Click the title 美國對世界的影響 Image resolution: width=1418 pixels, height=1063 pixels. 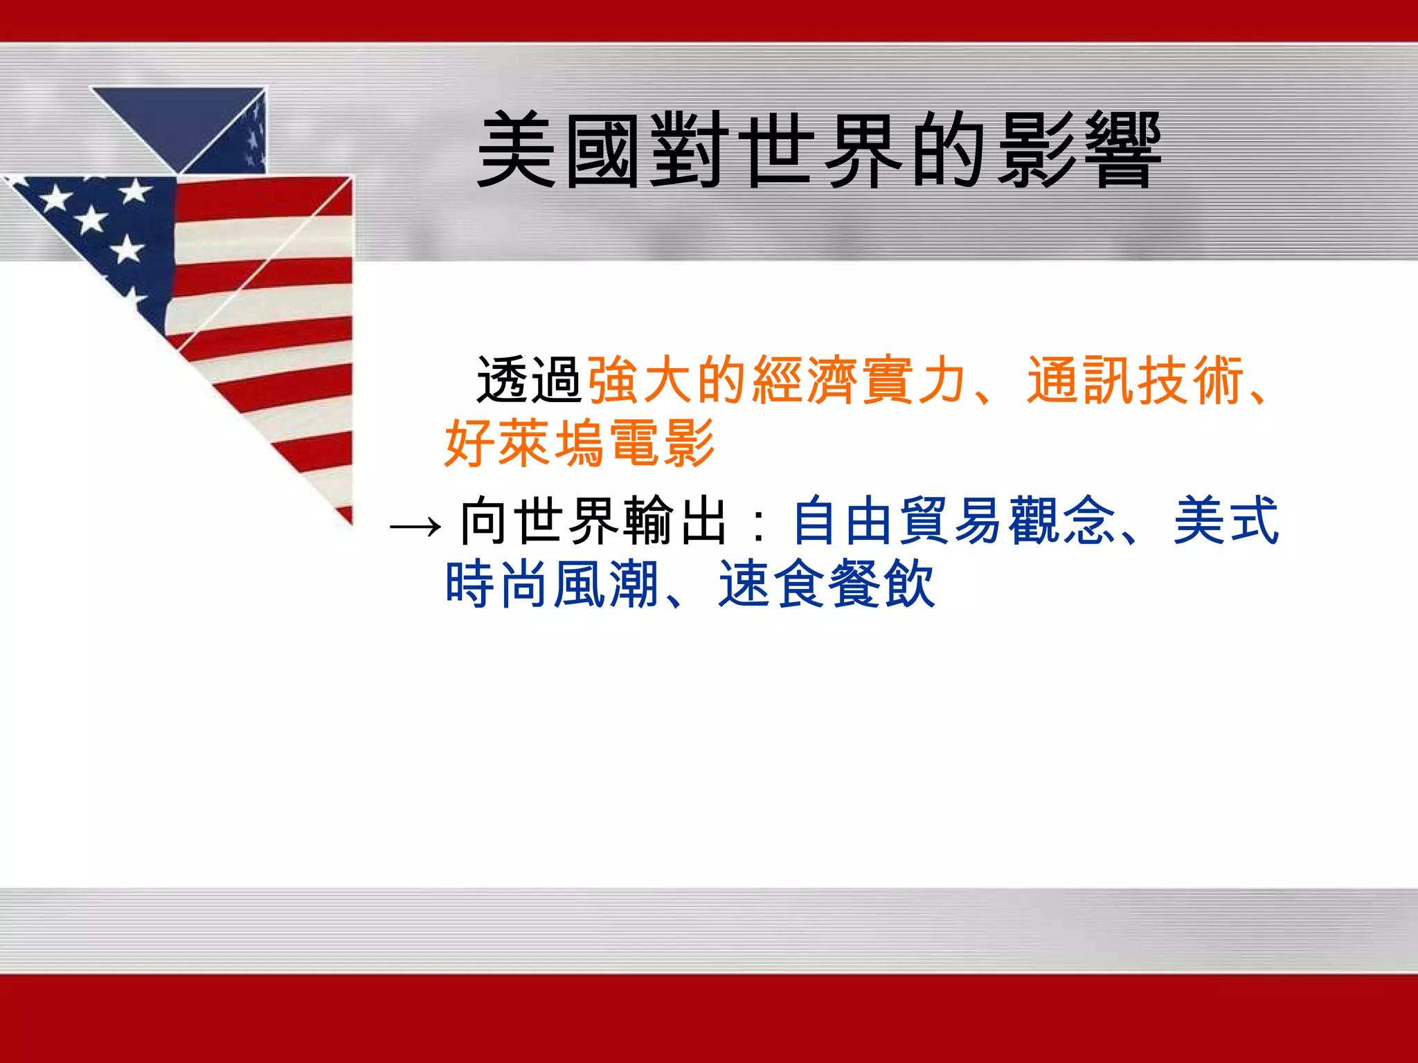(819, 150)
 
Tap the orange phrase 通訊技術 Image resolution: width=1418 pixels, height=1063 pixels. (1136, 380)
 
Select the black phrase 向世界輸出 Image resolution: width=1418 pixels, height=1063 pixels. (594, 521)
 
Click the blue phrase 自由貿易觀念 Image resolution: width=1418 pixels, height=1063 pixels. (953, 521)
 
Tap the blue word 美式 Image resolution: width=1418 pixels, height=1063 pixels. (1226, 521)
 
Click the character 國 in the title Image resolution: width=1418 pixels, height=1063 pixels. (602, 150)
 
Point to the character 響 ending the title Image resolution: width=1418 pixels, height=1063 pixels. (1123, 150)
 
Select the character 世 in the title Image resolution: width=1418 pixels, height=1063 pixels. (775, 150)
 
